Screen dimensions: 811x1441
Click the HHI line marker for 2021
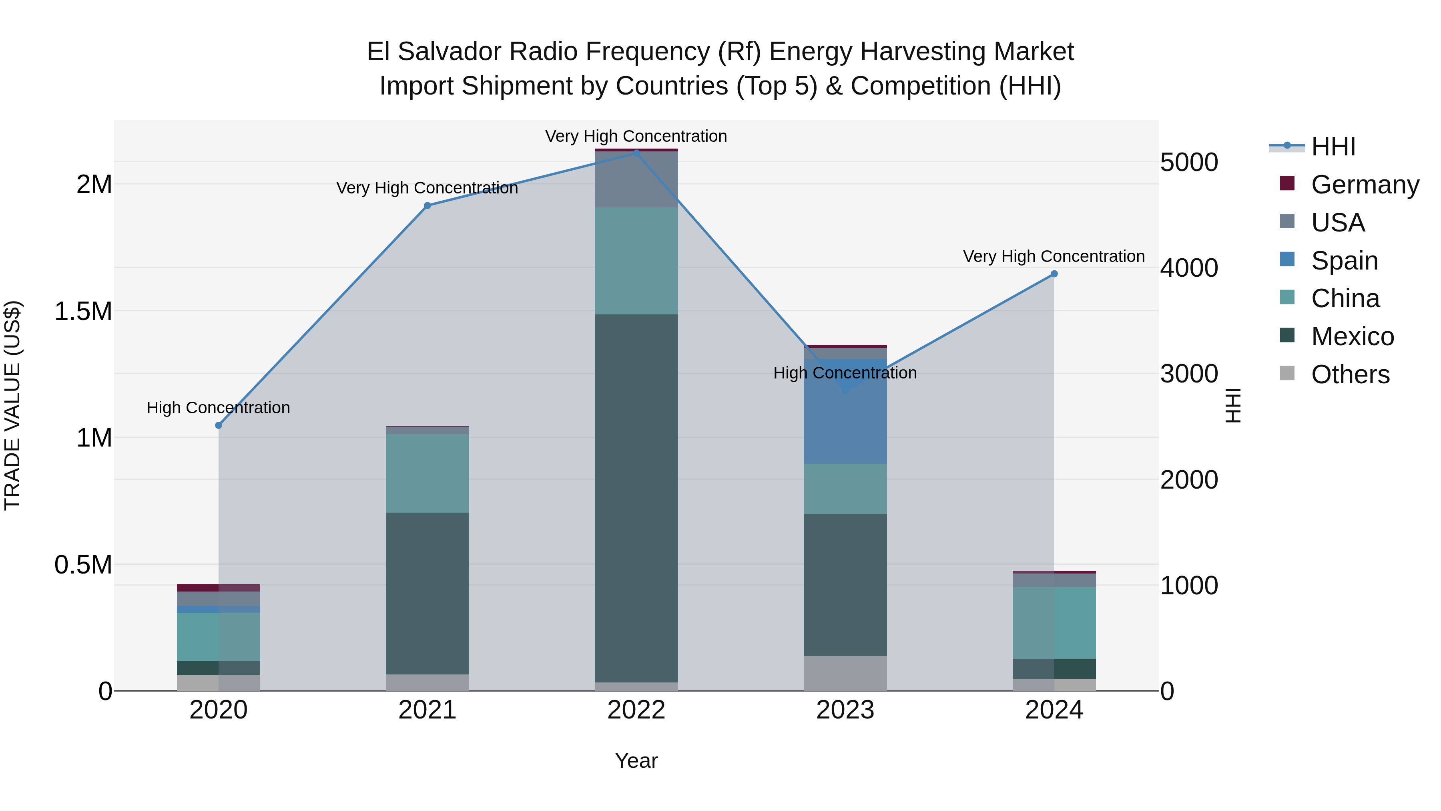coord(427,205)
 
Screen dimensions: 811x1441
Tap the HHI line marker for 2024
coord(1054,274)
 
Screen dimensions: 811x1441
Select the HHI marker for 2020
coord(219,425)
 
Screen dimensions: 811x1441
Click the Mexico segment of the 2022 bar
coord(636,498)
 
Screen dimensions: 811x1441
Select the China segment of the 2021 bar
coord(427,473)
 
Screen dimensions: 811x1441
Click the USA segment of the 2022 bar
coord(636,179)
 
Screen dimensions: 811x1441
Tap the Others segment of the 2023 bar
coord(845,673)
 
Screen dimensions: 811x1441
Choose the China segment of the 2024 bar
coord(1054,622)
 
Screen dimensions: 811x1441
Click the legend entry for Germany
coord(1365,185)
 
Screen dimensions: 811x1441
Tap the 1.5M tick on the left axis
coord(83,311)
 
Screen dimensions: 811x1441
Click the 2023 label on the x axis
coord(845,710)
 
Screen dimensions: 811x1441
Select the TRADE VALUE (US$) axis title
coord(12,405)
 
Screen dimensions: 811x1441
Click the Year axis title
coord(636,761)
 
